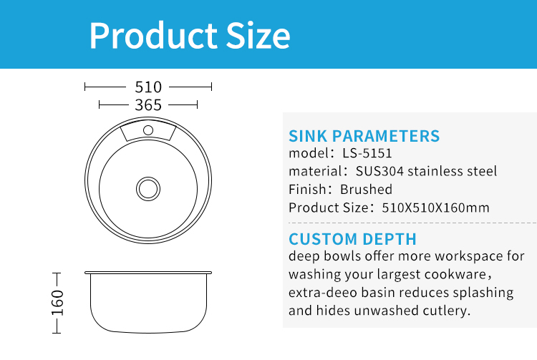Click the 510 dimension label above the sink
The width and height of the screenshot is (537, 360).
pyautogui.click(x=148, y=87)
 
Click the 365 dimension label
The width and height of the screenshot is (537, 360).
pyautogui.click(x=148, y=105)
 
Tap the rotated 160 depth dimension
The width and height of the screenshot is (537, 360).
pyautogui.click(x=57, y=303)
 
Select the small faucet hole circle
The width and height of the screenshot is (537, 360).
pyautogui.click(x=148, y=130)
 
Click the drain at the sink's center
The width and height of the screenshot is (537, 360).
pyautogui.click(x=148, y=189)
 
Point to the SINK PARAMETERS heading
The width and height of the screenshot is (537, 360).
pyautogui.click(x=364, y=136)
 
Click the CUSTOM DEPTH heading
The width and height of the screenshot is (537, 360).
pyautogui.click(x=352, y=239)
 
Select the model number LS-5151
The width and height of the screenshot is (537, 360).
pyautogui.click(x=367, y=153)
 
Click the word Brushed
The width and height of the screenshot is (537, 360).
pyautogui.click(x=366, y=189)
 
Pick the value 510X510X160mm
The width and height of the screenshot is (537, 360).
pyautogui.click(x=435, y=208)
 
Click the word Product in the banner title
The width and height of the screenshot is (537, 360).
pyautogui.click(x=153, y=36)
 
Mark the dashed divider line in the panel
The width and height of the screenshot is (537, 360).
pyautogui.click(x=412, y=223)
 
